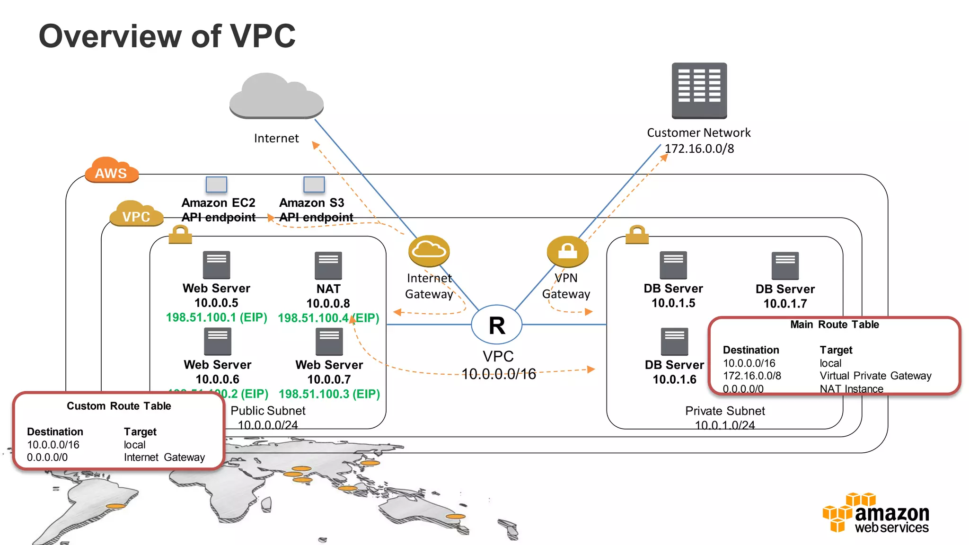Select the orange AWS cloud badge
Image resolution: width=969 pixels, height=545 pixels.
pos(111,170)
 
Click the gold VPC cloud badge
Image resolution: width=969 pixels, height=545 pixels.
pos(136,214)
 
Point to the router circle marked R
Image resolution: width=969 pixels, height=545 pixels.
pos(497,325)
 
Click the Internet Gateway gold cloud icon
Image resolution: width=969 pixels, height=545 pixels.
pos(429,251)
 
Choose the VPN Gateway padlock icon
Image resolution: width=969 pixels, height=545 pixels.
pos(567,251)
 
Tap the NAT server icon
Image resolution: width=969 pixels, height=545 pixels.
pos(328,265)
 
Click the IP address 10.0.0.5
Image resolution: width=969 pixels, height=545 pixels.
pos(216,303)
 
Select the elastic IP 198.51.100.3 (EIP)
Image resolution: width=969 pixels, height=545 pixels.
pos(329,394)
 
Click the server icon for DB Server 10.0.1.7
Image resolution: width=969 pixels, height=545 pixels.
pos(785,265)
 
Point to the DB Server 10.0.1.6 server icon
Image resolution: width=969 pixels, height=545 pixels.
pos(674,341)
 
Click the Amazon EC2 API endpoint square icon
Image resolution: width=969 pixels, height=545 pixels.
pos(216,185)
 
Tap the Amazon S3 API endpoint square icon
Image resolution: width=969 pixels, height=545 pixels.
pos(314,185)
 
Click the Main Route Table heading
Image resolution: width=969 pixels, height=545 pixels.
pos(834,325)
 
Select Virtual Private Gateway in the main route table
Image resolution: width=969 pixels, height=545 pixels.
pos(875,376)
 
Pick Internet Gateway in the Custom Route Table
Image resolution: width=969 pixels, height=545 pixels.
pos(164,457)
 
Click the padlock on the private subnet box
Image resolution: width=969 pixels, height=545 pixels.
pos(637,235)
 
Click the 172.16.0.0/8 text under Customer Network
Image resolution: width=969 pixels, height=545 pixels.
pos(699,149)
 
